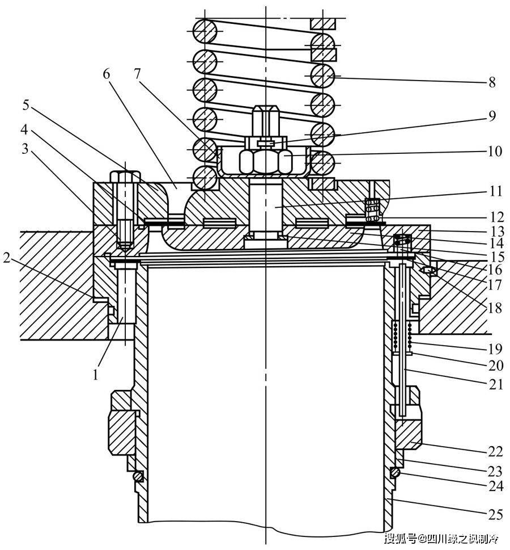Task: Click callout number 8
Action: (x=492, y=82)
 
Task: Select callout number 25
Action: (x=496, y=514)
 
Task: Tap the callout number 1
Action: (x=96, y=375)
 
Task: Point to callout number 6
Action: (x=107, y=74)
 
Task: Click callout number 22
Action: (x=496, y=451)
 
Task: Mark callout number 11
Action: (x=496, y=191)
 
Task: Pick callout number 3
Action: (x=24, y=149)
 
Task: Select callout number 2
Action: (x=7, y=258)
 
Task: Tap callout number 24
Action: (x=496, y=486)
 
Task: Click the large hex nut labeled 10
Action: (x=265, y=161)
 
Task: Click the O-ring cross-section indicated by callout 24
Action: (x=395, y=472)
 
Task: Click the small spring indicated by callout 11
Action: (x=373, y=210)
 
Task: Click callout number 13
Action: (x=496, y=232)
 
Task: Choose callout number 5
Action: (x=26, y=104)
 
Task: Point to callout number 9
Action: (x=492, y=116)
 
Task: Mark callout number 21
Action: (x=496, y=385)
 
